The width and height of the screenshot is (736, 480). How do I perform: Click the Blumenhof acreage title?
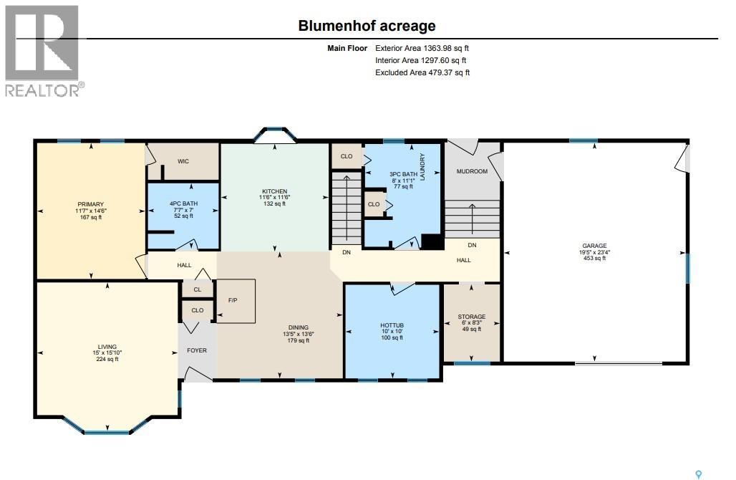pyautogui.click(x=367, y=25)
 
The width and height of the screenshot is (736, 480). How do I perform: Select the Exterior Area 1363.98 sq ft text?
pyautogui.click(x=422, y=48)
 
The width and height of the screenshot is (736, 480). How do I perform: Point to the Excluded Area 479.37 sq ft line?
pyautogui.click(x=422, y=72)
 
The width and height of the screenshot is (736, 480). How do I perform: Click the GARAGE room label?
pyautogui.click(x=594, y=246)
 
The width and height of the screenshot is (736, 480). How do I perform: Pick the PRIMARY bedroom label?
pyautogui.click(x=91, y=204)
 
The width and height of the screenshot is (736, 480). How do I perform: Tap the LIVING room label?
pyautogui.click(x=107, y=347)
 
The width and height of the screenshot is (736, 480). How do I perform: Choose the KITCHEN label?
pyautogui.click(x=275, y=191)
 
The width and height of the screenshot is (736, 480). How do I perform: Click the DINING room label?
pyautogui.click(x=299, y=327)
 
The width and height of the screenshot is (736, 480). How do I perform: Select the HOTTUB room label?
pyautogui.click(x=392, y=325)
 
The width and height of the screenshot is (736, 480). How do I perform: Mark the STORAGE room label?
pyautogui.click(x=472, y=317)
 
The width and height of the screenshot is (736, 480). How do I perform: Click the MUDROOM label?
pyautogui.click(x=472, y=171)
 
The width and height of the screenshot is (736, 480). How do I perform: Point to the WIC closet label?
pyautogui.click(x=183, y=161)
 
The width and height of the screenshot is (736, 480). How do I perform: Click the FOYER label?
pyautogui.click(x=197, y=350)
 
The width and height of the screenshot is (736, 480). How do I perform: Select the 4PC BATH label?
pyautogui.click(x=183, y=203)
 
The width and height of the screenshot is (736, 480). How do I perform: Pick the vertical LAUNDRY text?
pyautogui.click(x=422, y=167)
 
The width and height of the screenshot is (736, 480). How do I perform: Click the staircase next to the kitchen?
pyautogui.click(x=347, y=208)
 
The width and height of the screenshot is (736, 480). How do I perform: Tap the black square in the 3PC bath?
pyautogui.click(x=432, y=241)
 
